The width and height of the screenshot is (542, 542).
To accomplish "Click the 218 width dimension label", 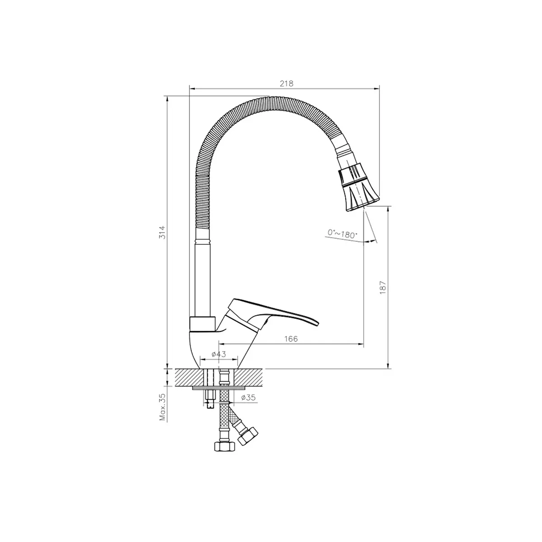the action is [x=287, y=84].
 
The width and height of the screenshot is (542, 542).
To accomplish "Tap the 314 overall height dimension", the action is [x=163, y=232].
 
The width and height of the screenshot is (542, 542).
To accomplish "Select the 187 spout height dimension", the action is [x=383, y=287].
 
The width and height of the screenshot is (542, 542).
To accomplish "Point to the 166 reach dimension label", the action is [x=291, y=339].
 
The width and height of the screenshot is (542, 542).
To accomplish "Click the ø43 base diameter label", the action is [x=219, y=354].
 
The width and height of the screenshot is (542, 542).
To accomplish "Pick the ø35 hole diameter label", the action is [x=248, y=397].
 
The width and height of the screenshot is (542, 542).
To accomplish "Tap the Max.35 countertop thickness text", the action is [x=162, y=411].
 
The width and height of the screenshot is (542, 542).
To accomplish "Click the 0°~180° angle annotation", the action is [x=342, y=234].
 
